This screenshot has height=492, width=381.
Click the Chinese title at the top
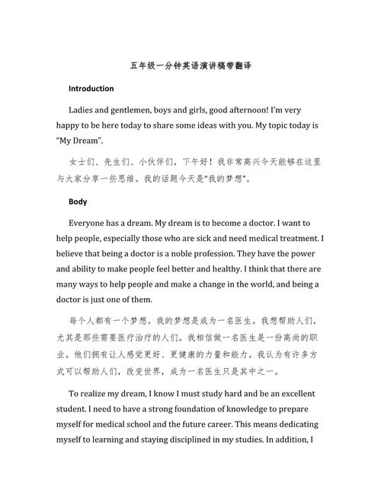[x=190, y=67]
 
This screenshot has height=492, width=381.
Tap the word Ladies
[x=82, y=110]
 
